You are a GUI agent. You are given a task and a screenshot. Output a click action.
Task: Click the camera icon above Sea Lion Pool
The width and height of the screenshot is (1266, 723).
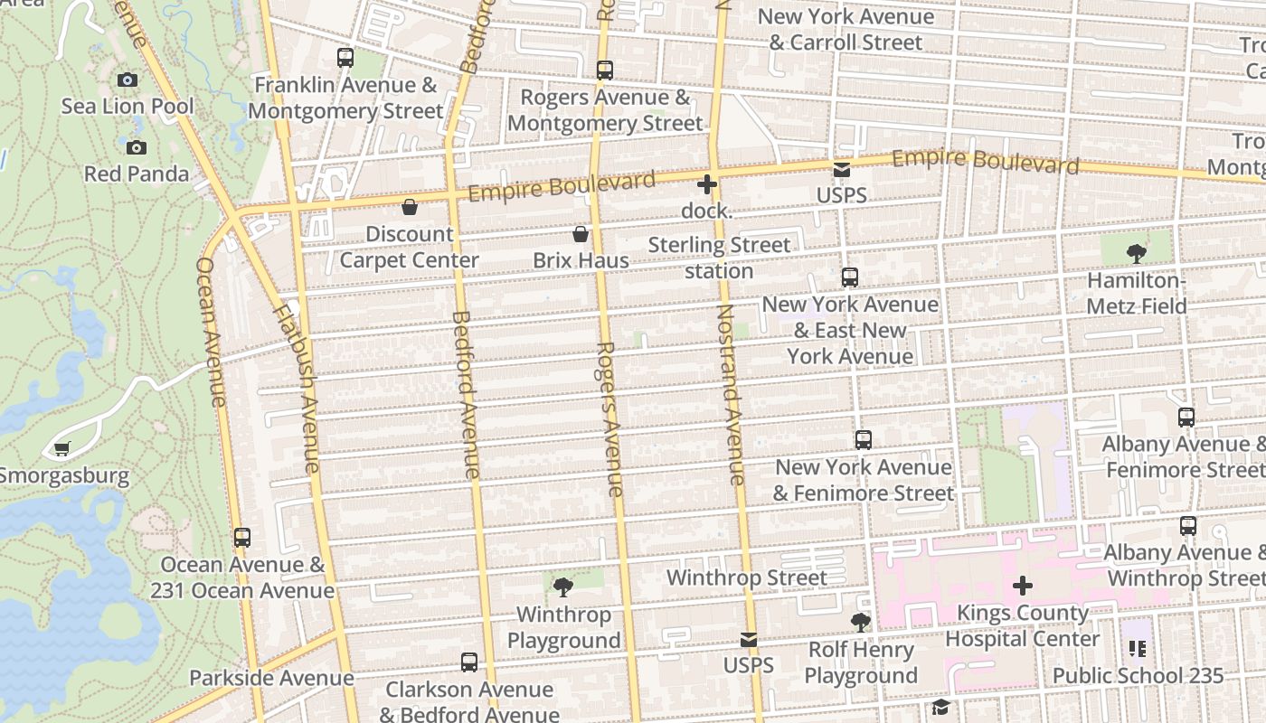click(128, 80)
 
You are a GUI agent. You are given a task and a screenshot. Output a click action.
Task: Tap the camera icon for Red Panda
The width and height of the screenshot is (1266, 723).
click(137, 147)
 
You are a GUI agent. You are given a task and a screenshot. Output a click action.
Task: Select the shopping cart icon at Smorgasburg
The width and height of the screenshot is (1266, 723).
click(62, 448)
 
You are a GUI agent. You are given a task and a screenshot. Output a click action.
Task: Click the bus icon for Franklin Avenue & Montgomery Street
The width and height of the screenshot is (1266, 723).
click(345, 58)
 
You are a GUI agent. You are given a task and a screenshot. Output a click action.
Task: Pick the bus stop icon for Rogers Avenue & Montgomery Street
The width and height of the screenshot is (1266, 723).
click(605, 70)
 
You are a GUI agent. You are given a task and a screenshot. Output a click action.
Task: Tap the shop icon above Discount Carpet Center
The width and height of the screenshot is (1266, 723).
click(410, 207)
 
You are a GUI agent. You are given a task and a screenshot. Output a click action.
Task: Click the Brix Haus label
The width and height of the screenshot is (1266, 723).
click(581, 260)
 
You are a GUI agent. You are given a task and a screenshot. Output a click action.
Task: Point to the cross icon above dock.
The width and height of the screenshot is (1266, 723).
click(707, 184)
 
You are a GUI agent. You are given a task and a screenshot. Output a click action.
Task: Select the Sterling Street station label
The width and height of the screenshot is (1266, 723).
click(719, 258)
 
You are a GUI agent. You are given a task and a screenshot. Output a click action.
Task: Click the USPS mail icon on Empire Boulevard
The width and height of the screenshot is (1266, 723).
click(842, 170)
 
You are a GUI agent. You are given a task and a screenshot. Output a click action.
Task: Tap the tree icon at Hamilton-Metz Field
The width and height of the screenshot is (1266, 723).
click(1137, 254)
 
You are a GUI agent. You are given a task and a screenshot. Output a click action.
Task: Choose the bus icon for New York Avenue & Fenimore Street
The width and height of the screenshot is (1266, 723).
click(864, 440)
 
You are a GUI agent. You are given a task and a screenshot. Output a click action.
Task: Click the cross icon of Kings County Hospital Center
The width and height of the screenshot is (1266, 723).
click(1023, 586)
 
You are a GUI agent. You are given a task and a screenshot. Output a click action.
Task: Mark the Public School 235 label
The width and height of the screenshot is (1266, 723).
click(1138, 675)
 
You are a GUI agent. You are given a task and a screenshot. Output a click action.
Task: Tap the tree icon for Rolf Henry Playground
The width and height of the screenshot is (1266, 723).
click(861, 623)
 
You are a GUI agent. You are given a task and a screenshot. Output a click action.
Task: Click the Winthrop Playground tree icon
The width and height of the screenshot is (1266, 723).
click(563, 587)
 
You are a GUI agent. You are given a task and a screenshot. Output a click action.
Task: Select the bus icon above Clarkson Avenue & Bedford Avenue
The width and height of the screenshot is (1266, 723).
click(469, 662)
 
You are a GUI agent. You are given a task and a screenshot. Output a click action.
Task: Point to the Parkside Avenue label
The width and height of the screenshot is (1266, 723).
click(271, 678)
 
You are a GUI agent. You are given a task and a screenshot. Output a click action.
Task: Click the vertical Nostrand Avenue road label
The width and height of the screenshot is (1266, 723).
click(731, 394)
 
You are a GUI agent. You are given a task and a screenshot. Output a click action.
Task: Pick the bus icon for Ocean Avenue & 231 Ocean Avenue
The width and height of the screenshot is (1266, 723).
click(242, 538)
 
